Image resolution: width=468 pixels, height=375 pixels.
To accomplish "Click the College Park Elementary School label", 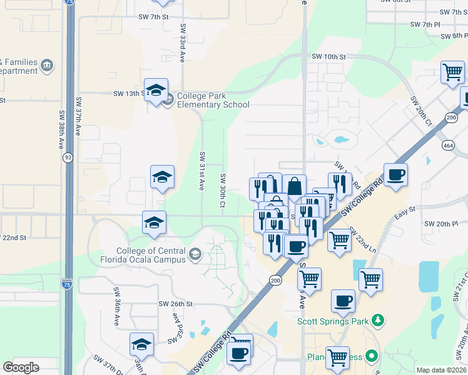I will coord(213,101).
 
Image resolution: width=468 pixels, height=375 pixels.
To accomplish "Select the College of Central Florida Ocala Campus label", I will coord(142,254).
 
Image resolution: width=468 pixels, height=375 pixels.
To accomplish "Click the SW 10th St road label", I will coord(328,57).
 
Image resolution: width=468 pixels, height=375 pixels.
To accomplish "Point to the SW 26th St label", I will coord(176,304).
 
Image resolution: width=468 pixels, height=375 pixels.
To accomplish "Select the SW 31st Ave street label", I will coord(202,170).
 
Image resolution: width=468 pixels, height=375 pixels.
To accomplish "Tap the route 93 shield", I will coord(66,158).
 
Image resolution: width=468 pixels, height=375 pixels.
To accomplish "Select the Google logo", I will coord(21,367).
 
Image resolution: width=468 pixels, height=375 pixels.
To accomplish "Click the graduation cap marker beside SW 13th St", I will coord(156,90).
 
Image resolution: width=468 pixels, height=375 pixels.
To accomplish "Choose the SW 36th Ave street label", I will coord(116,307).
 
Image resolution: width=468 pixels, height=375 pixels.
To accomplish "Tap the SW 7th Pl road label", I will coord(426,24).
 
